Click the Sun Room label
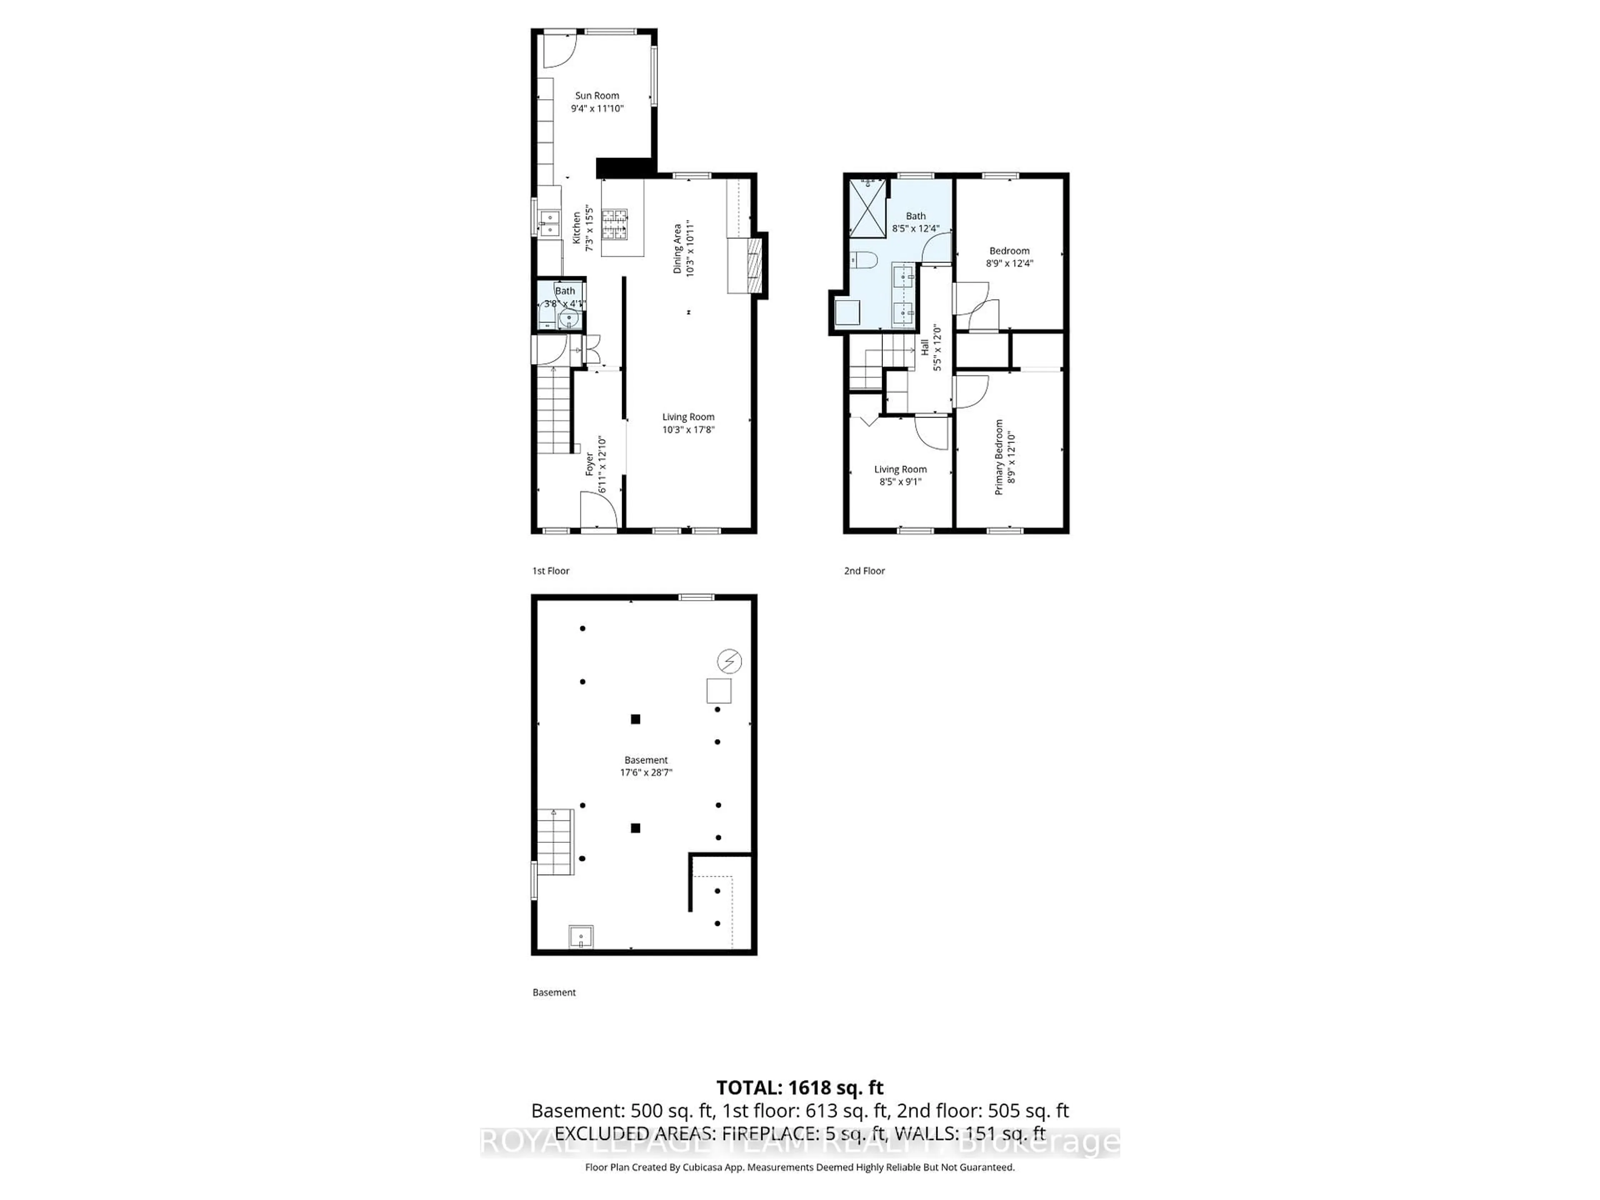[597, 95]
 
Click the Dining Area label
[678, 248]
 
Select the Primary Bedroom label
[999, 457]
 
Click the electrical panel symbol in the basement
[729, 661]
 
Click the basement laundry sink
[581, 937]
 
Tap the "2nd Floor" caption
[865, 571]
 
